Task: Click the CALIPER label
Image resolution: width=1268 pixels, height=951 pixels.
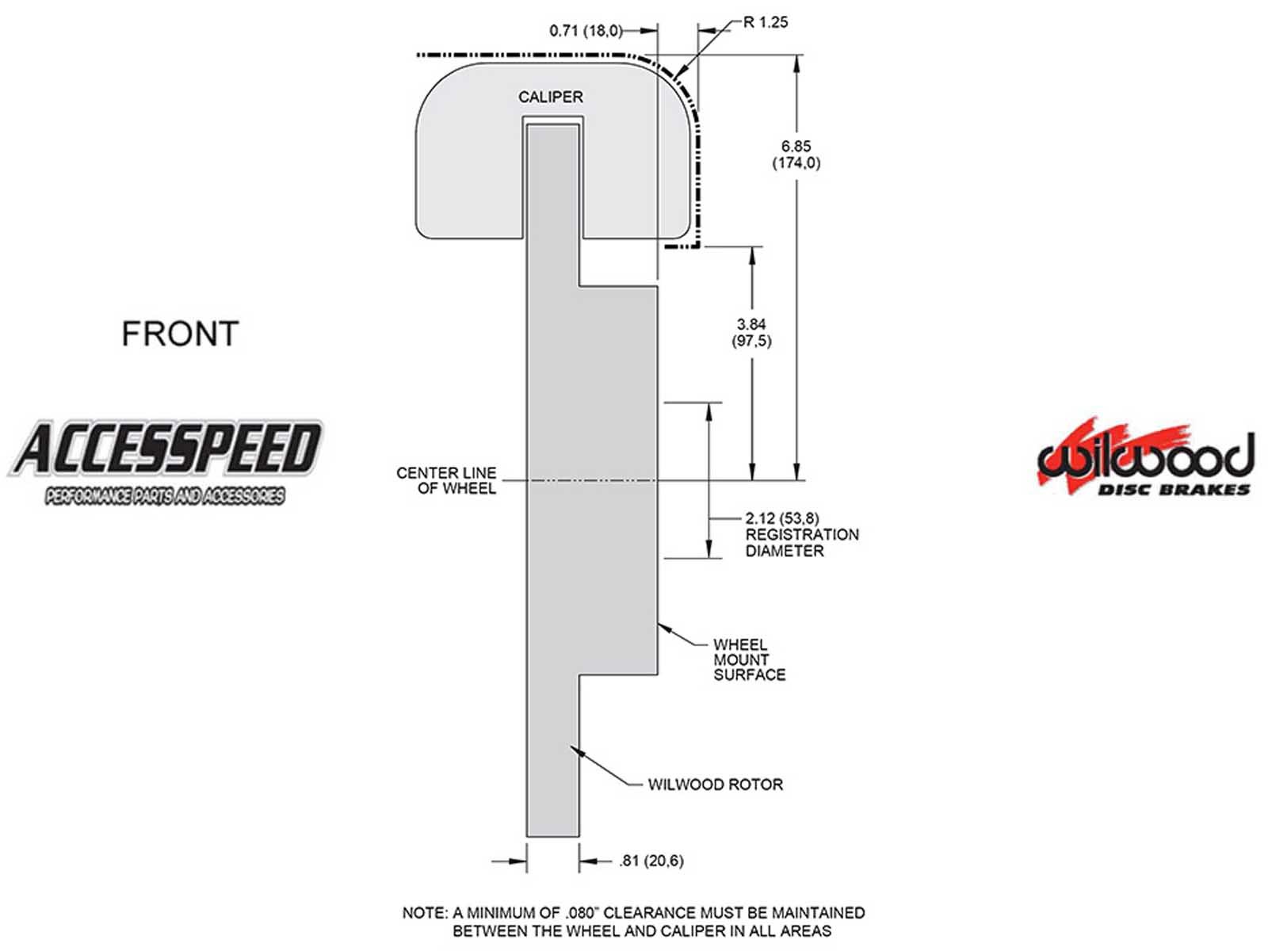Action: pyautogui.click(x=550, y=97)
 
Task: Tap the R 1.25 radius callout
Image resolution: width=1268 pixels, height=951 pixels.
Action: pyautogui.click(x=765, y=22)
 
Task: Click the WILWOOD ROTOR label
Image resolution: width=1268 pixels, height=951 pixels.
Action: pyautogui.click(x=715, y=785)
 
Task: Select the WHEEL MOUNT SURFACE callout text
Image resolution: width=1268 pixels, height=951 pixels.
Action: pyautogui.click(x=749, y=659)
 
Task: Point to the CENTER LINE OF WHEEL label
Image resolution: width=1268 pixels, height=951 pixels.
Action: pyautogui.click(x=446, y=480)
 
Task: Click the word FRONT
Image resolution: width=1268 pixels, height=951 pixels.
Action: pyautogui.click(x=180, y=334)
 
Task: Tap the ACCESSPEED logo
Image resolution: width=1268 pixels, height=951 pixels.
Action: pyautogui.click(x=166, y=449)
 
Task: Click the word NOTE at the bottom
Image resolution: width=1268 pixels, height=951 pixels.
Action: pyautogui.click(x=424, y=913)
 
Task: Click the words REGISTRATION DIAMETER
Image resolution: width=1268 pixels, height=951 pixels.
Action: pyautogui.click(x=801, y=543)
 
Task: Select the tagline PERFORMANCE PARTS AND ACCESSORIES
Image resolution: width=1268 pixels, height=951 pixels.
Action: pyautogui.click(x=165, y=497)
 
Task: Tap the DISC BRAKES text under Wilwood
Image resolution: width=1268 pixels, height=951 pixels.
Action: pyautogui.click(x=1173, y=490)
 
